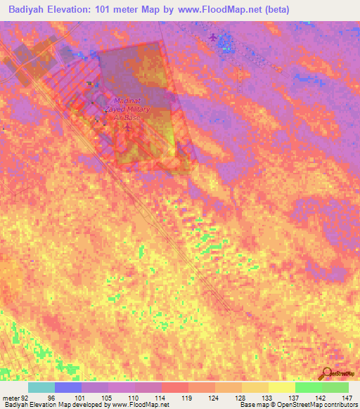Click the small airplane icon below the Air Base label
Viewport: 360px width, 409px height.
click(x=127, y=128)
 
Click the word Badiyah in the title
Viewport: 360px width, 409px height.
click(x=28, y=10)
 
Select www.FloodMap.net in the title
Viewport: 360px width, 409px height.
click(x=219, y=10)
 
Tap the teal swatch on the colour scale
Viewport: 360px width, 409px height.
click(x=41, y=387)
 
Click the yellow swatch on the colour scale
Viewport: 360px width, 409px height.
click(x=282, y=387)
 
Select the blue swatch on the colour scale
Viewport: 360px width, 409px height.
click(x=68, y=387)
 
